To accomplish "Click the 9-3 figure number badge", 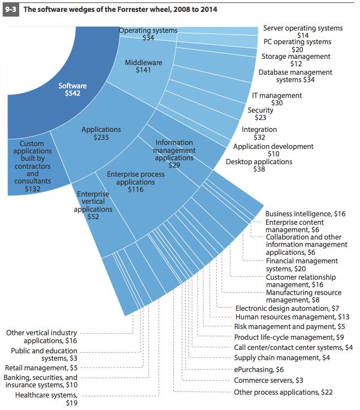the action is pos(11,10).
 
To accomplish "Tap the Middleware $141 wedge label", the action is pos(144,66).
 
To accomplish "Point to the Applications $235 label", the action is pos(101,133).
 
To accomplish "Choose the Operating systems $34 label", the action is pos(148,34).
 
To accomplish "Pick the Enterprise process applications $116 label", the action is pos(136,182).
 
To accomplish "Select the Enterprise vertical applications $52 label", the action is pos(93,205).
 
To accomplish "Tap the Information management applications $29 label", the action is pos(174,154).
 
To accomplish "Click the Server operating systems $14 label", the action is pos(303,32).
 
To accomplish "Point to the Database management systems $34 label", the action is pos(295,76).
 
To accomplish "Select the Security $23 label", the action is pos(260,114).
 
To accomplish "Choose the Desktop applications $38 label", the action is pos(259,165).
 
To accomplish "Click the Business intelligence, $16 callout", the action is pos(305,214).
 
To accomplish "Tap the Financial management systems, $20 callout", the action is pos(302,264).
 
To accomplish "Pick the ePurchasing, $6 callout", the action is pos(259,369).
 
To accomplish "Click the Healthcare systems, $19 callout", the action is pos(46,399).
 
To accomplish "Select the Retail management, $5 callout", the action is pos(41,368).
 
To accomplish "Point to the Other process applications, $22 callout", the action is pos(283,392).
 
